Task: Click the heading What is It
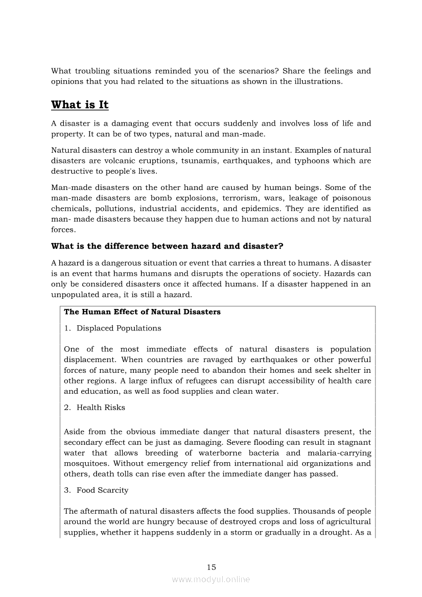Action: (x=80, y=105)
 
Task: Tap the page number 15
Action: (x=212, y=567)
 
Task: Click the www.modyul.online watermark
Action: (x=211, y=579)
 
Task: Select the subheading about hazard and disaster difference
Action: (x=167, y=246)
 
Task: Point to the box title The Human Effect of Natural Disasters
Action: (x=142, y=312)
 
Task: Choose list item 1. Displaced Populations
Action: (x=113, y=328)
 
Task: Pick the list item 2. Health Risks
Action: (x=95, y=408)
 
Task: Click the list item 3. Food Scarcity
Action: (x=97, y=490)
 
